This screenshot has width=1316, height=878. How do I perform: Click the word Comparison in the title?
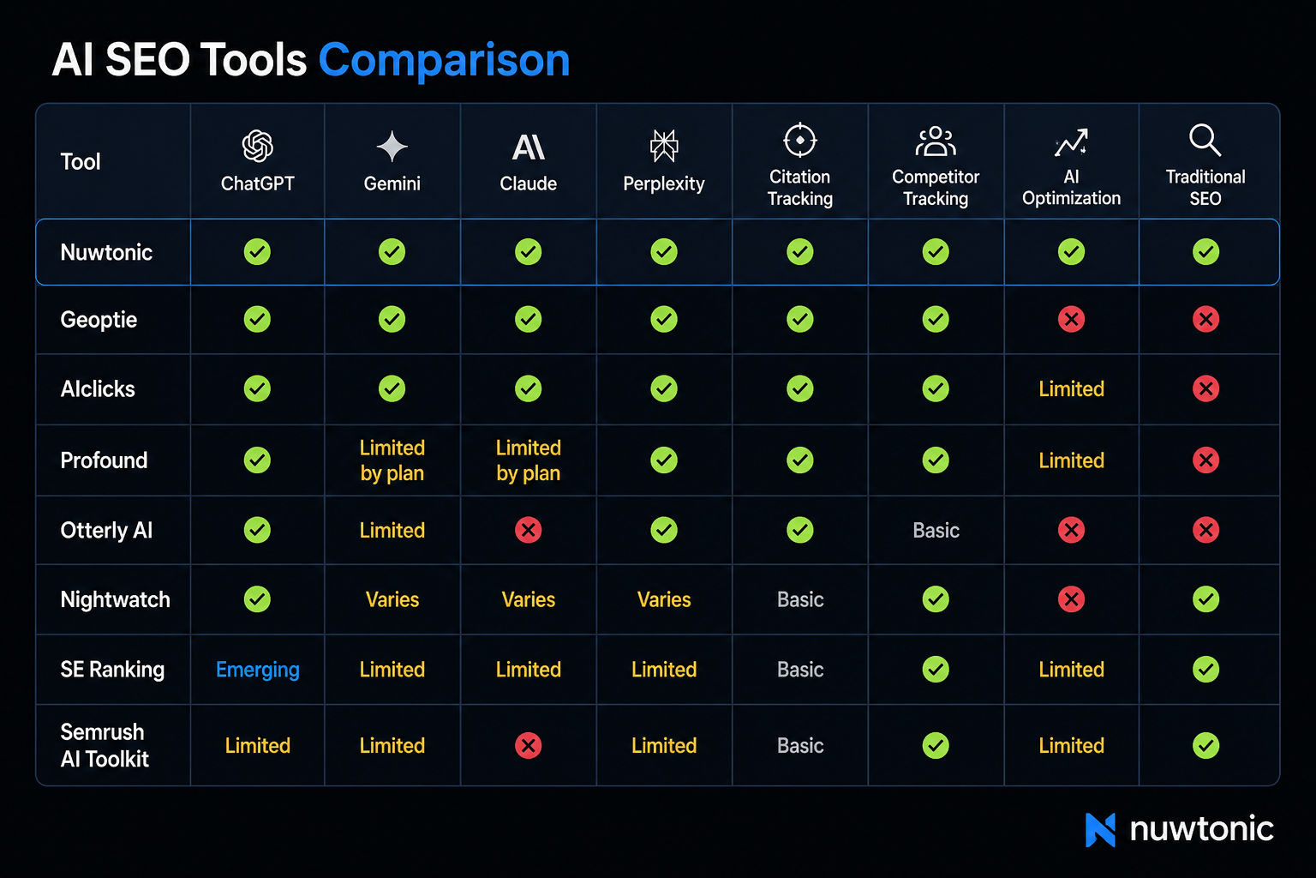point(444,60)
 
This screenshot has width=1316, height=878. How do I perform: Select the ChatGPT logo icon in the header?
point(257,146)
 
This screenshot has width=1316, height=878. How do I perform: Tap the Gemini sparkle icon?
point(392,146)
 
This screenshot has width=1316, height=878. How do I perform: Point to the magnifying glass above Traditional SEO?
point(1205,140)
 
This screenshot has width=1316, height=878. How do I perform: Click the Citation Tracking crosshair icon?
point(799,140)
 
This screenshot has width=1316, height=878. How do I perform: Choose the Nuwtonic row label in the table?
point(106,252)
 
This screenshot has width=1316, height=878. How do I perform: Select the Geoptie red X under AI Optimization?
point(1071,319)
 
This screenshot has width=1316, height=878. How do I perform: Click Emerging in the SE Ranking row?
point(257,670)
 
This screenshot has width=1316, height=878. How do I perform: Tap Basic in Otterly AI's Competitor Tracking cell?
point(936,531)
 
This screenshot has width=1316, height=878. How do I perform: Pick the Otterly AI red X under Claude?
point(528,530)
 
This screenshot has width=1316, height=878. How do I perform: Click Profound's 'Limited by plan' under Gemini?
point(392,460)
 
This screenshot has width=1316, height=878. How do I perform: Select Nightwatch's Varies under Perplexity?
point(664,599)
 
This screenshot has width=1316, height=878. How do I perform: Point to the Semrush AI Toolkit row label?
point(105,745)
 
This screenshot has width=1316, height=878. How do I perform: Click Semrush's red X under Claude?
point(528,746)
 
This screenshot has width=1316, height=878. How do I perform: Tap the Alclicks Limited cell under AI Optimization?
point(1071,388)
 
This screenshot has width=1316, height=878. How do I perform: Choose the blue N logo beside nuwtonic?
point(1100,830)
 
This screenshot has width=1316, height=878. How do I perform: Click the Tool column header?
point(81,162)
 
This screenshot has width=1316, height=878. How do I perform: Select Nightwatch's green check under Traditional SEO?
point(1205,599)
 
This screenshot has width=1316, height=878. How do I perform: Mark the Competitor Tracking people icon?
point(936,141)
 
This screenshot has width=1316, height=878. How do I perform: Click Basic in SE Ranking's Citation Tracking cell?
point(800,670)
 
